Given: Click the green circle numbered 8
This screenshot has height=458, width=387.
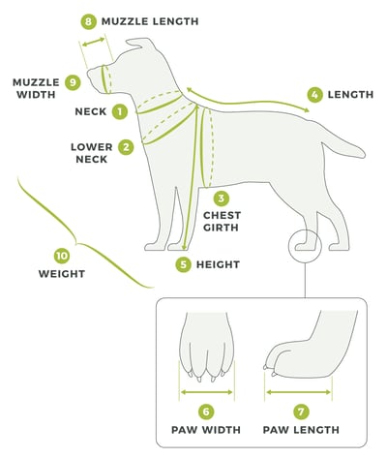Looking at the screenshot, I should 89,20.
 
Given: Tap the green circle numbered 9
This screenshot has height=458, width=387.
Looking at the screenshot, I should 72,82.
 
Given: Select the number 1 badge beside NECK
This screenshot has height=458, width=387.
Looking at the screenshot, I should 120,111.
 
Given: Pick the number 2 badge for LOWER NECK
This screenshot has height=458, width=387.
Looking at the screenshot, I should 126,147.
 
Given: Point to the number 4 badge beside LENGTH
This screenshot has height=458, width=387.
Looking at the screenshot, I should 314,94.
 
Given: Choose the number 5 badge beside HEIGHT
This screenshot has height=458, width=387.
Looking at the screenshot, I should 184,263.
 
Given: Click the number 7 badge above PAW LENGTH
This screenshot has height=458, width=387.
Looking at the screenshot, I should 300,412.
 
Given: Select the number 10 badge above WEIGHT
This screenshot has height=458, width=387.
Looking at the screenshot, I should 62,256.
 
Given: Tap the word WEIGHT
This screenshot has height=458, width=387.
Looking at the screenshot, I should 62,274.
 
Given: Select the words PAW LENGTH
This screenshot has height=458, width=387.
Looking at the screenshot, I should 300,429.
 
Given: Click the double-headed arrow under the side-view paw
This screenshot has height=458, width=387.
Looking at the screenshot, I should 298,393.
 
